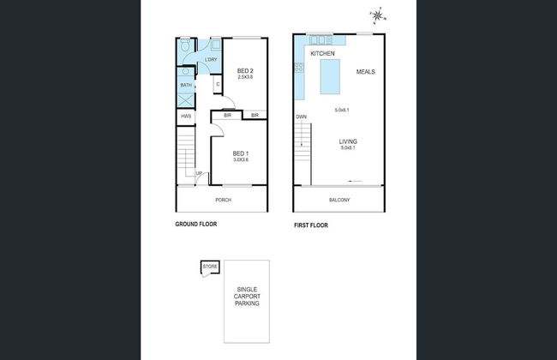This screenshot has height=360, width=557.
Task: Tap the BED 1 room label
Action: (241, 153)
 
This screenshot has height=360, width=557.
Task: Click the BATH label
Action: (185, 85)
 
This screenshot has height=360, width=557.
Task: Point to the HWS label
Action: (185, 116)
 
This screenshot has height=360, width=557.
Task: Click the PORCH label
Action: (223, 200)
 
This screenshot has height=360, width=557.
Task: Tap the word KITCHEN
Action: (321, 54)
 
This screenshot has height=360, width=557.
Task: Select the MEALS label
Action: (366, 71)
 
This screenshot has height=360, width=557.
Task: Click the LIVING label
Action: (348, 141)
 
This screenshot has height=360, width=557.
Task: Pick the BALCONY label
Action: (339, 201)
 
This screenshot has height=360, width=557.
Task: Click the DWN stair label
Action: (301, 117)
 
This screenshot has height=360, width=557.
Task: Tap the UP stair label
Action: (199, 174)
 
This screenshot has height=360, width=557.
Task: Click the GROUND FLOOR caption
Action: (195, 225)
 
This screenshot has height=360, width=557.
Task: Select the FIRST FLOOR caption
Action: (310, 225)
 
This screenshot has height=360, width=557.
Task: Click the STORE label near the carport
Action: (210, 267)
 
